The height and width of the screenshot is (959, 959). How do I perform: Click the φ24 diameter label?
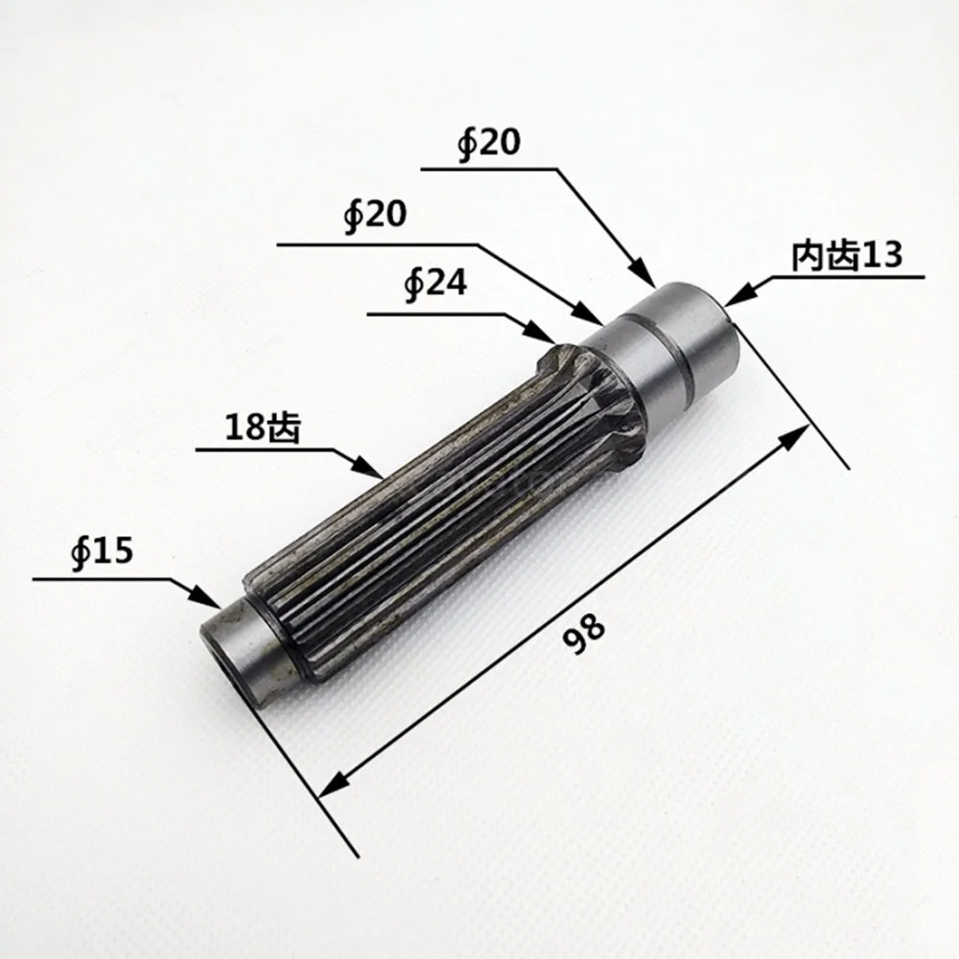(x=436, y=285)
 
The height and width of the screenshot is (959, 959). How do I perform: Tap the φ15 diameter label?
(x=102, y=551)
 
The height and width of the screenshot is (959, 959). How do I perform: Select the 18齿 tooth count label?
(x=263, y=427)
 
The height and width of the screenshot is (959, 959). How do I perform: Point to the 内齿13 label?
(x=847, y=255)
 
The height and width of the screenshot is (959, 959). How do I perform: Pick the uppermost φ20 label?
(x=489, y=144)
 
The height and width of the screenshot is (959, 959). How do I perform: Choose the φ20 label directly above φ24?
(x=375, y=215)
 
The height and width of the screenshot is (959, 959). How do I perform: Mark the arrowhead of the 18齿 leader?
(x=369, y=467)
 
